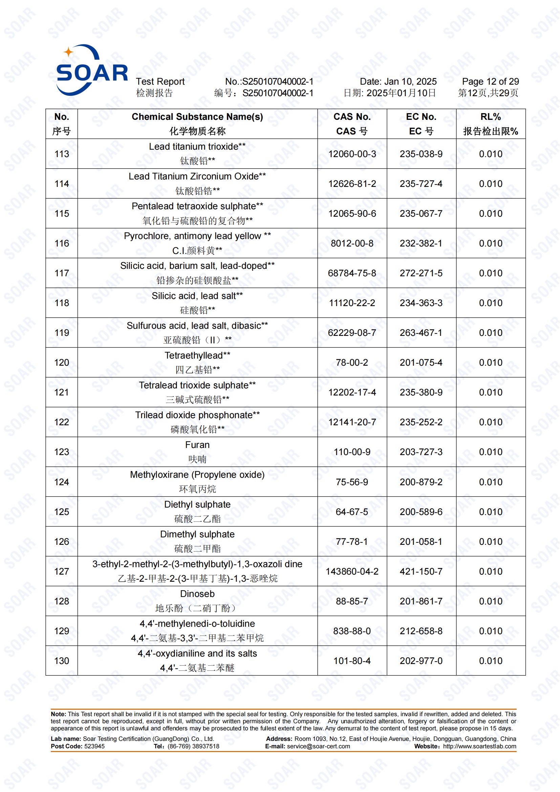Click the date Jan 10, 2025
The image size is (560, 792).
pyautogui.click(x=410, y=82)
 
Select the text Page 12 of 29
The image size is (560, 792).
pyautogui.click(x=490, y=82)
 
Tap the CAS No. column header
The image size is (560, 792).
pyautogui.click(x=352, y=117)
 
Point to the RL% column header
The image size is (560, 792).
pyautogui.click(x=490, y=117)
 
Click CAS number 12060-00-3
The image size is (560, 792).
pyautogui.click(x=352, y=154)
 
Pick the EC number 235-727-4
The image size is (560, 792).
pyautogui.click(x=421, y=184)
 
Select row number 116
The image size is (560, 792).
pyautogui.click(x=62, y=243)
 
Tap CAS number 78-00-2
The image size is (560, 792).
pyautogui.click(x=352, y=363)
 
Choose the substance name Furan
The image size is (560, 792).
pyautogui.click(x=197, y=445)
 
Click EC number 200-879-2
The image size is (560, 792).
pyautogui.click(x=421, y=482)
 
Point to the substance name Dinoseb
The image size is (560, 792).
pyautogui.click(x=197, y=594)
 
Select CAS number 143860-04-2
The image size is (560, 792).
pyautogui.click(x=352, y=572)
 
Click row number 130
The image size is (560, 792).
pyautogui.click(x=62, y=661)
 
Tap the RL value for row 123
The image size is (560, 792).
pyautogui.click(x=490, y=452)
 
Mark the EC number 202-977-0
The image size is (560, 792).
pyautogui.click(x=421, y=661)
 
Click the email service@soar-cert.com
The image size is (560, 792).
pyautogui.click(x=318, y=747)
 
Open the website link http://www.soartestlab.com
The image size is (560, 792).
pyautogui.click(x=479, y=747)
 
